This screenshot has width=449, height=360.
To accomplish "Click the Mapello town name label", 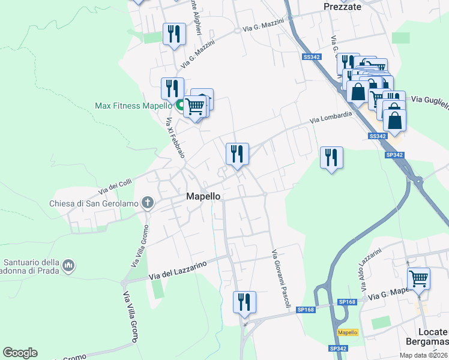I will [203, 196].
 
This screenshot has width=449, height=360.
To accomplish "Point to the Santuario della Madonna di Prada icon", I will [68, 265].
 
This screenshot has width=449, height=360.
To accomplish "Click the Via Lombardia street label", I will [331, 118].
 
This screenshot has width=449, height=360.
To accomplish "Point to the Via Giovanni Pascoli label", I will [281, 279].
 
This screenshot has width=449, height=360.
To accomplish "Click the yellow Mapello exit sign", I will [348, 332].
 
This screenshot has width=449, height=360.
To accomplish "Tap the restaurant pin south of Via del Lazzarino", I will [244, 301].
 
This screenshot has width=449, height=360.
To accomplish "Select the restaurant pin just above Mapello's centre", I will [237, 154].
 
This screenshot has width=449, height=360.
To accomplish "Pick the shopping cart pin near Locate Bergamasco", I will [418, 278].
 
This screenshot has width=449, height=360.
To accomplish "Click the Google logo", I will [20, 353].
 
